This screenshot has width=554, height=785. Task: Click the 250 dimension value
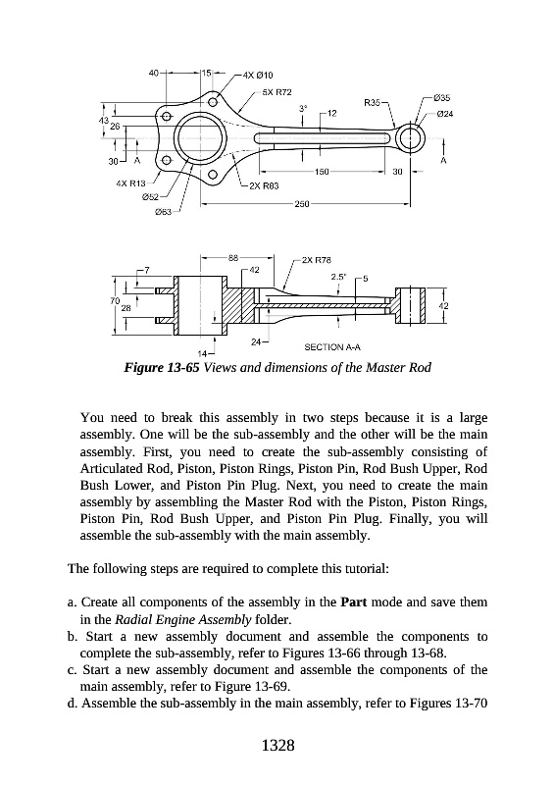(x=302, y=204)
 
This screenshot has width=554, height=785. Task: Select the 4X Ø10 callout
(x=258, y=76)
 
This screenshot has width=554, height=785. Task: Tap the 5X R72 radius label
(x=277, y=92)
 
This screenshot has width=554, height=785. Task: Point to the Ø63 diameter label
(x=163, y=212)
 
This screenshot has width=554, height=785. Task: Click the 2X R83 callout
(x=264, y=185)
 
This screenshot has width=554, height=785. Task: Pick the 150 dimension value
(x=322, y=172)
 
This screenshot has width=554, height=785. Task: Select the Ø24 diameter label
(x=445, y=114)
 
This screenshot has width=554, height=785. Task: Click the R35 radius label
(x=372, y=103)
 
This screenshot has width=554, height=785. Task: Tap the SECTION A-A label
(x=332, y=347)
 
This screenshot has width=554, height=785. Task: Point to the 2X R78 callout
(x=317, y=260)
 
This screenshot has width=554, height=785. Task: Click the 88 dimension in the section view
(x=233, y=258)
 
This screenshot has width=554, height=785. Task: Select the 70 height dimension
(x=115, y=301)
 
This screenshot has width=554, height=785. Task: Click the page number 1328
(x=278, y=746)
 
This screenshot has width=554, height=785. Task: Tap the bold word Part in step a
(x=354, y=602)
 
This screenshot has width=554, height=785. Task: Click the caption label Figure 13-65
(x=162, y=368)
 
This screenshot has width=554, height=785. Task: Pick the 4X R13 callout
(x=130, y=183)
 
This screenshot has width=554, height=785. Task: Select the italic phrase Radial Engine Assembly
(x=183, y=620)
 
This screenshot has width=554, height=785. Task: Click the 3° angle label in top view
(x=302, y=108)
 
